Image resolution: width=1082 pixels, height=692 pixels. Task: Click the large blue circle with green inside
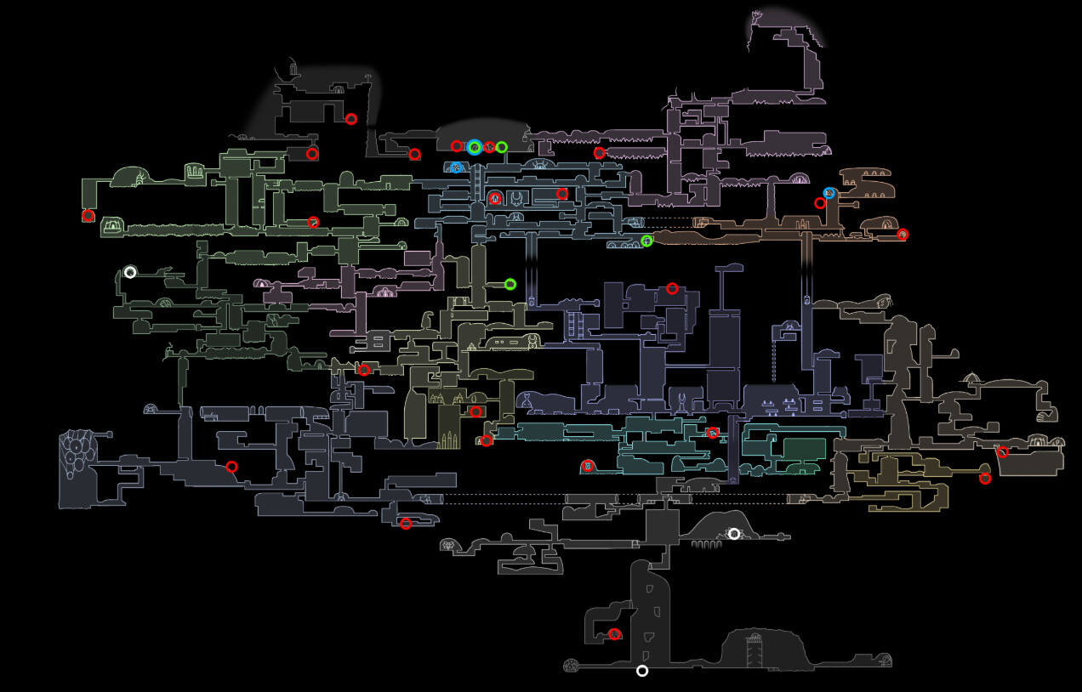(475, 147)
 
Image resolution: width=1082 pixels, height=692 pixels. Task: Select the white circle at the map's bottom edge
(642, 671)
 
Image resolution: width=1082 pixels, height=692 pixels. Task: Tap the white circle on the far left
(130, 272)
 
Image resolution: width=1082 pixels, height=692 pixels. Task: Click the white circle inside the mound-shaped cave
(734, 534)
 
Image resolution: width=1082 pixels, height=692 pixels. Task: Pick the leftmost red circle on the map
(88, 216)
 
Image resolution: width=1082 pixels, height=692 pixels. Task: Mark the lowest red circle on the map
(614, 634)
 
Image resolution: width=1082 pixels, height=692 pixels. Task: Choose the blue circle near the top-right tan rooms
(829, 194)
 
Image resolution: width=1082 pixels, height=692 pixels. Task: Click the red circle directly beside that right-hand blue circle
(820, 203)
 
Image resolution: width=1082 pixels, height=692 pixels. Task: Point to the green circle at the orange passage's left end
(646, 241)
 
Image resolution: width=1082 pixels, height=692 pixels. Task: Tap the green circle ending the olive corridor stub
(510, 284)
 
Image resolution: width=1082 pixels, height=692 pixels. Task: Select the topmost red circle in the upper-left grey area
(350, 119)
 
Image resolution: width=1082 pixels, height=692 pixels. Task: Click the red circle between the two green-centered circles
(489, 147)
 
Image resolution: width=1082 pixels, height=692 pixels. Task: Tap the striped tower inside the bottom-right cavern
(752, 650)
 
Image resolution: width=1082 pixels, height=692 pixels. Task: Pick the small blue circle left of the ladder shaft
(456, 167)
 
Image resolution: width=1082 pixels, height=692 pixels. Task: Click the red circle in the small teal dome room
(587, 465)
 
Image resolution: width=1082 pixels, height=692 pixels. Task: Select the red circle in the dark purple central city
(672, 289)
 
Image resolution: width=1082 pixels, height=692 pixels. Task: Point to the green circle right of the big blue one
(502, 147)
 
